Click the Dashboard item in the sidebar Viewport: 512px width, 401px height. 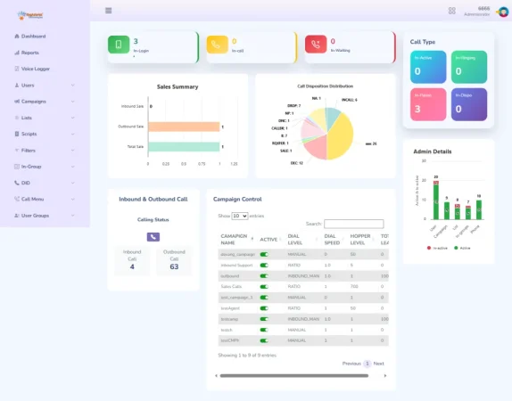[33, 36]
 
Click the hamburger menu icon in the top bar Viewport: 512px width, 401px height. [109, 11]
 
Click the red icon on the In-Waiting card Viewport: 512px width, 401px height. [316, 45]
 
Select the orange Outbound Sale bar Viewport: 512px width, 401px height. [184, 127]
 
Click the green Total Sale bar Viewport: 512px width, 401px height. [184, 146]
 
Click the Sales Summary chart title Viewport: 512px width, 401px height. [178, 86]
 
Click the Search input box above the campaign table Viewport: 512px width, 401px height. [353, 224]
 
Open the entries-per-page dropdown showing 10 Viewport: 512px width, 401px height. [240, 216]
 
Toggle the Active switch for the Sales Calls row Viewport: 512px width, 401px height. [264, 287]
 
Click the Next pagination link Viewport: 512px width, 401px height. [378, 364]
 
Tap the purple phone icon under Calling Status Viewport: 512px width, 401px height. [153, 236]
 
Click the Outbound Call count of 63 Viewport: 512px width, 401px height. [173, 266]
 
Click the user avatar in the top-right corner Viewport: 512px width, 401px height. [503, 11]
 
